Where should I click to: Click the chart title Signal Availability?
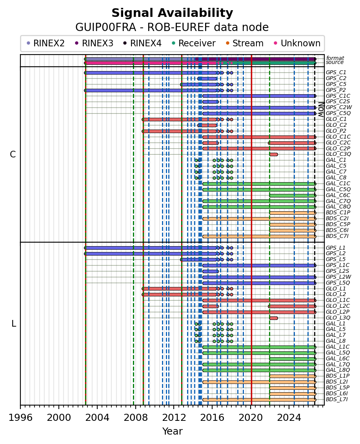(172, 13)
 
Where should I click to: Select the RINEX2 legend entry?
(45, 43)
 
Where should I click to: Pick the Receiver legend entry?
(193, 43)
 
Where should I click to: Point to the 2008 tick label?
(135, 417)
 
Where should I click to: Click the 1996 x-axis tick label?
(20, 417)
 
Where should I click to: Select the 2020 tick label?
(251, 417)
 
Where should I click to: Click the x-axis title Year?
(172, 431)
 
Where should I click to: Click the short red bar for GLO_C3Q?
(273, 155)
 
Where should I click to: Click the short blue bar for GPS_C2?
(207, 79)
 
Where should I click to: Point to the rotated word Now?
(321, 110)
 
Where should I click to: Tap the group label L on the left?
(14, 323)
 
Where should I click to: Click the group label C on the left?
(13, 155)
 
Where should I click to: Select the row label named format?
(335, 58)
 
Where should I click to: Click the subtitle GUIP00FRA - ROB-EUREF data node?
(172, 27)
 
